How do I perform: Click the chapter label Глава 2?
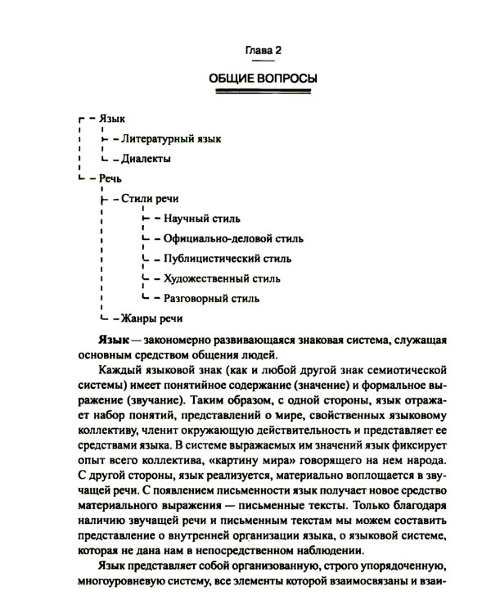point(264,52)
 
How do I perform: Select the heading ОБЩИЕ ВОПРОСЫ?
point(264,79)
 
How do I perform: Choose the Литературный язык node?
point(170,139)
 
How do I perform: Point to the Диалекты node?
point(146,158)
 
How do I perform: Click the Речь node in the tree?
point(111,178)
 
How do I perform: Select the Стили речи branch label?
point(149,198)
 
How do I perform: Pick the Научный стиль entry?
point(201,219)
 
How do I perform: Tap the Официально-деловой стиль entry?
point(233,238)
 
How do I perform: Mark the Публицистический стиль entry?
point(227,258)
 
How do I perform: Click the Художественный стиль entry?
point(222,278)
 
